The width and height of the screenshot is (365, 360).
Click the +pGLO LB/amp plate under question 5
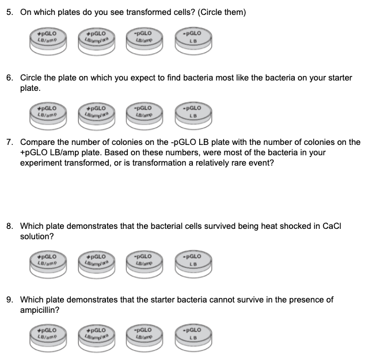click(x=48, y=41)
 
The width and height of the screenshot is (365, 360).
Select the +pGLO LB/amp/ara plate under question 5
click(x=97, y=41)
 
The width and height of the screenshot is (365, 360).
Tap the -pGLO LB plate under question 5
click(x=193, y=41)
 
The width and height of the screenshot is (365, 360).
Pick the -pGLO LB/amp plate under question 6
click(x=145, y=116)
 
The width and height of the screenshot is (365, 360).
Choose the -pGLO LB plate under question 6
click(x=193, y=116)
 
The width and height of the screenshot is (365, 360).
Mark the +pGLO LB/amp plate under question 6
click(x=48, y=116)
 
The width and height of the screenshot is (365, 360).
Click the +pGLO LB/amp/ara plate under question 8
click(x=97, y=265)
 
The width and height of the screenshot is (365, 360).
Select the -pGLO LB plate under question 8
click(x=193, y=264)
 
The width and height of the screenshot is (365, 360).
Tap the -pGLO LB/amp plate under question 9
click(x=145, y=338)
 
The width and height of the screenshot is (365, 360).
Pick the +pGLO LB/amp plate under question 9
click(x=48, y=338)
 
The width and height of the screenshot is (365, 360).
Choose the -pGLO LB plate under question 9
click(x=193, y=338)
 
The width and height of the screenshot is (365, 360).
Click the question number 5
click(x=10, y=12)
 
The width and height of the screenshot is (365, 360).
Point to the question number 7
click(x=10, y=142)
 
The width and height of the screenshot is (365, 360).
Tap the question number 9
click(x=10, y=300)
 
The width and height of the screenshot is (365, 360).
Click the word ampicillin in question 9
click(x=39, y=311)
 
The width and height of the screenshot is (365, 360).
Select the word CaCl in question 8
click(x=332, y=226)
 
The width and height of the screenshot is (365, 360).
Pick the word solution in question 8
click(x=37, y=236)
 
